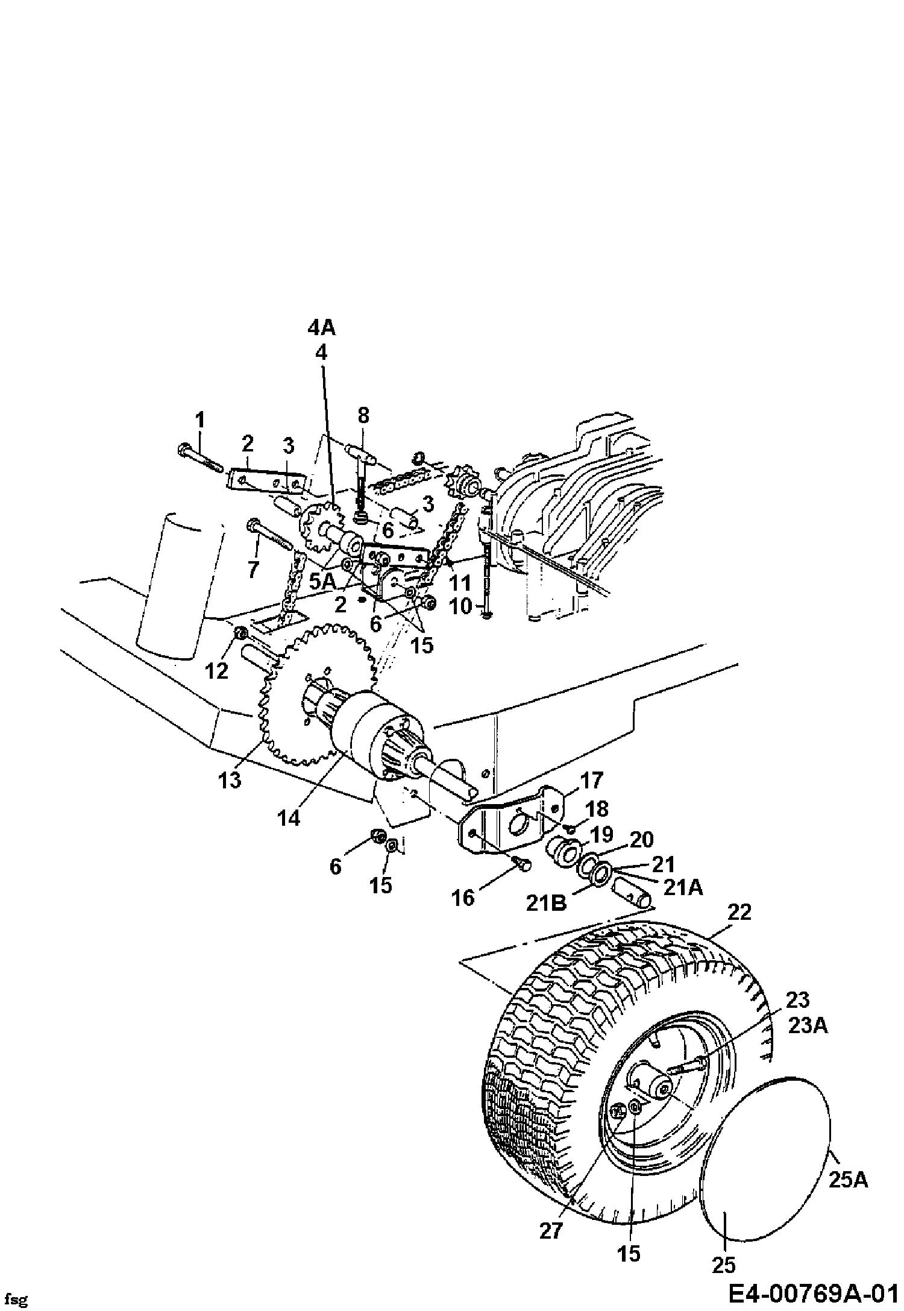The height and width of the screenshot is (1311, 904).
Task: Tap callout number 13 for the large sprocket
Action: pos(230,780)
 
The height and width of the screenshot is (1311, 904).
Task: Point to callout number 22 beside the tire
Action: pos(740,912)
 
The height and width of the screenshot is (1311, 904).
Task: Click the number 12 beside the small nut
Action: pos(217,670)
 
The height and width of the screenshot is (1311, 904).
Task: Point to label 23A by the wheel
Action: pos(808,1025)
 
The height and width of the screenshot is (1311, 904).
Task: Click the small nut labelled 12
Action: pos(240,633)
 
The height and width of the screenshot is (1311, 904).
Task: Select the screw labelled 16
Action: pos(522,864)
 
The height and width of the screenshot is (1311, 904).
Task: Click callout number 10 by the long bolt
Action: pos(462,606)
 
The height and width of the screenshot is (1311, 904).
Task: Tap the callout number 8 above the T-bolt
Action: pos(363,415)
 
